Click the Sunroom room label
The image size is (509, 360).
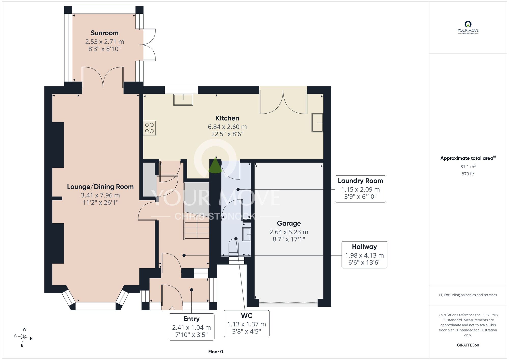tap(105, 33)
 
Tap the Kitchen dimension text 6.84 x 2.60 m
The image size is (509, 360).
tap(227, 127)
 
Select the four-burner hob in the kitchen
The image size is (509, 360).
tap(149, 128)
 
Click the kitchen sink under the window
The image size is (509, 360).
tap(183, 100)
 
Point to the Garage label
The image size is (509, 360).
tap(289, 223)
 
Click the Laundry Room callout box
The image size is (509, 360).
tap(360, 189)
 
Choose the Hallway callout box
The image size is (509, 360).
tap(364, 255)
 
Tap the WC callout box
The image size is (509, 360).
tap(247, 324)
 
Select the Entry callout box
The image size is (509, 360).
tap(192, 327)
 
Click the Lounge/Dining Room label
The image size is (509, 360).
tap(100, 187)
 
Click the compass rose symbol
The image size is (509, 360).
tap(23, 338)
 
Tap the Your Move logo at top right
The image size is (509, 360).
tap(468, 27)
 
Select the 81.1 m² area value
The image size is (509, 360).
tap(468, 167)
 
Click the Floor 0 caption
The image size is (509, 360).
tap(216, 352)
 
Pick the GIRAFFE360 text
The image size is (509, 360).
tap(468, 345)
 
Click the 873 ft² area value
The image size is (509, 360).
tap(468, 174)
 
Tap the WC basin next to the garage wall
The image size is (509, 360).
tap(247, 234)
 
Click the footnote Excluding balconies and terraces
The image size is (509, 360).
tap(468, 295)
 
